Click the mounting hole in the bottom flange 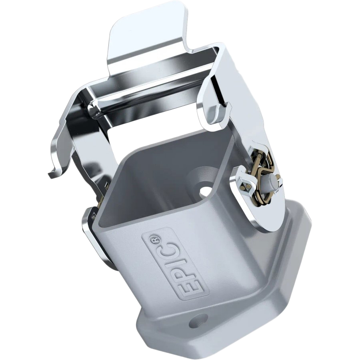[199, 320]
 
